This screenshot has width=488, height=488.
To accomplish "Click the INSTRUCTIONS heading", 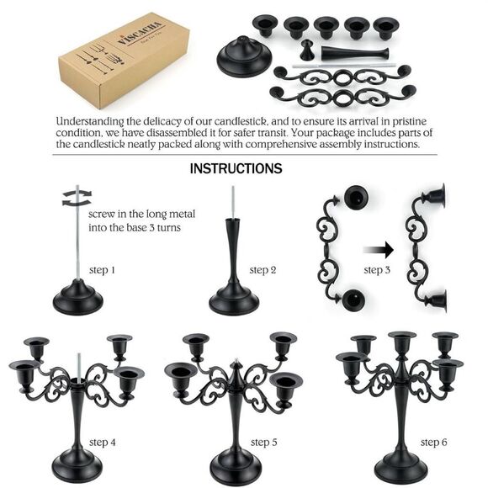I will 236,168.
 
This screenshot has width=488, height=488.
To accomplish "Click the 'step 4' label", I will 103,442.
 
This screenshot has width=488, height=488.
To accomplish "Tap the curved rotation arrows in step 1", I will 76,197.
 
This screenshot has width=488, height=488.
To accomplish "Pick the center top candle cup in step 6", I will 401,341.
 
